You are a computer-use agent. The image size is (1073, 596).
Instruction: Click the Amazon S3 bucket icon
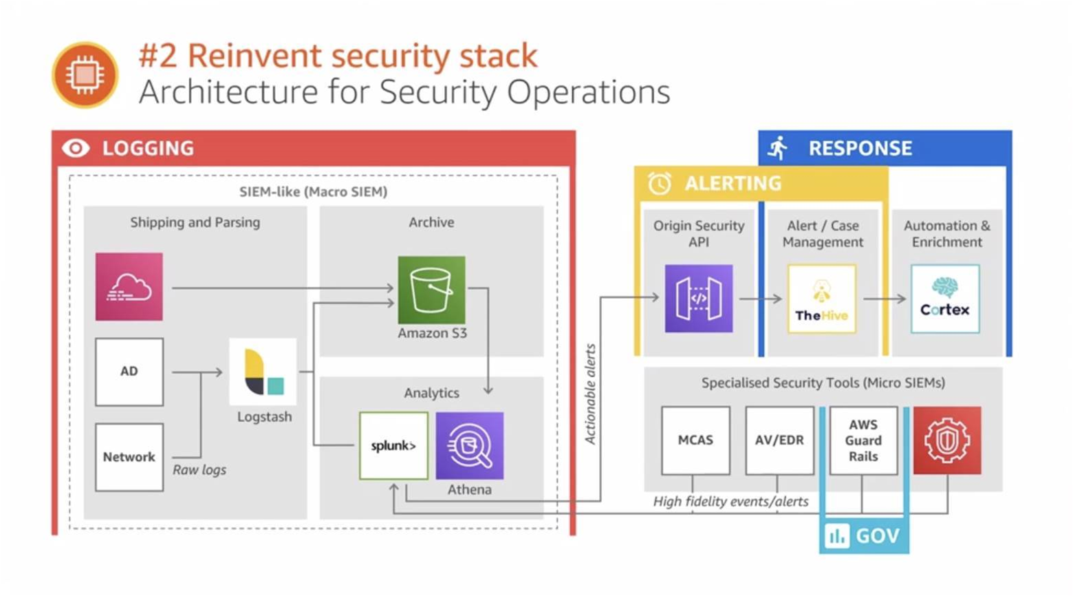point(431,290)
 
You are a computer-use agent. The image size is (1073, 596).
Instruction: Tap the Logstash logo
point(263,372)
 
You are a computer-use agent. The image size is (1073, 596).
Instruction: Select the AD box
point(129,372)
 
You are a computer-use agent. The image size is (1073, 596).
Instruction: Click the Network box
point(129,457)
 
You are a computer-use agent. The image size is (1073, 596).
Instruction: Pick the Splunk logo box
point(393,445)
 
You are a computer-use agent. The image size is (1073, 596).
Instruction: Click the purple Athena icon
point(469,445)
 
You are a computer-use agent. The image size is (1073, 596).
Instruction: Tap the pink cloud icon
point(129,287)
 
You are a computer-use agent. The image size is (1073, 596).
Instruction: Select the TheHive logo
point(821,299)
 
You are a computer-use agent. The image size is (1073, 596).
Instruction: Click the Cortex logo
point(945,299)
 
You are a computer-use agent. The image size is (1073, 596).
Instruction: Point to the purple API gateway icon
point(698,298)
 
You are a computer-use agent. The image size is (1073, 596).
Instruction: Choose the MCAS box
point(695,440)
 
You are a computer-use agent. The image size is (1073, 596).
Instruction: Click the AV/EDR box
point(779,440)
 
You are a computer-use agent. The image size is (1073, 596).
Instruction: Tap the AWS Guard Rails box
point(863,440)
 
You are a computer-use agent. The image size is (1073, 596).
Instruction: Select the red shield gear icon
point(947,440)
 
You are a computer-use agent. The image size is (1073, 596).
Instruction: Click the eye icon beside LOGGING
point(76,148)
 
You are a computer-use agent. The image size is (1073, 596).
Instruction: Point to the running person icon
point(777,148)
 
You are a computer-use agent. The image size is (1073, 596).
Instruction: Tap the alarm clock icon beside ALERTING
point(660,183)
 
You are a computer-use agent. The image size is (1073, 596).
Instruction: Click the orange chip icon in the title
point(85,75)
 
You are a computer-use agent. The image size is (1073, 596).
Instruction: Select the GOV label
point(864,535)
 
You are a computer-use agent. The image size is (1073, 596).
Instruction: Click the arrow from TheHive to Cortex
point(885,299)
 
